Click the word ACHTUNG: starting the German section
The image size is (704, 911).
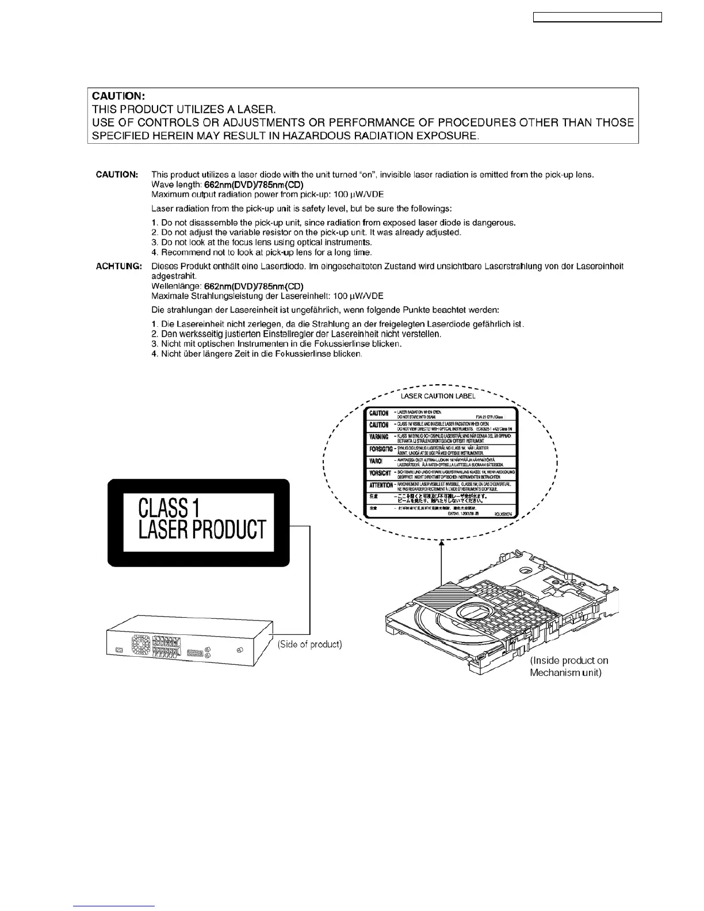pyautogui.click(x=118, y=266)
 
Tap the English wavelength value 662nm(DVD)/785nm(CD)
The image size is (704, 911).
pyautogui.click(x=250, y=185)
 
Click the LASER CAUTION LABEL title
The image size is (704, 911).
pyautogui.click(x=438, y=396)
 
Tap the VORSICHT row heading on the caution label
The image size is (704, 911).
pyautogui.click(x=380, y=473)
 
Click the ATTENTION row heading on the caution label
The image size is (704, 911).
pyautogui.click(x=381, y=485)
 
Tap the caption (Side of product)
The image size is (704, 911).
pyautogui.click(x=309, y=645)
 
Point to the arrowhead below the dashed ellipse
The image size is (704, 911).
pyautogui.click(x=441, y=542)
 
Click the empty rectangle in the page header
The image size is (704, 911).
pyautogui.click(x=598, y=18)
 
